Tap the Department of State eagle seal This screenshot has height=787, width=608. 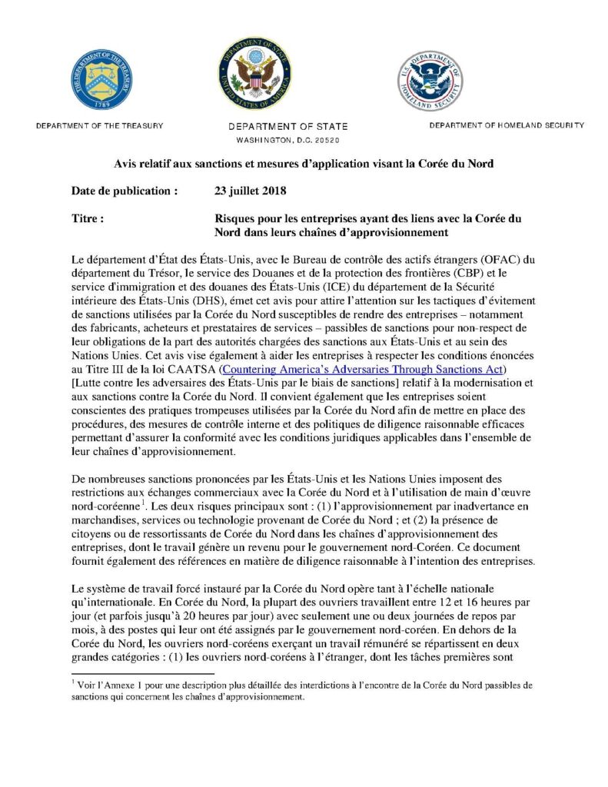[x=255, y=75]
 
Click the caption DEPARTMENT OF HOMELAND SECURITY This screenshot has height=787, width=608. [x=507, y=125]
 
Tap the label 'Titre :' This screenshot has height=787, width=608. [x=88, y=218]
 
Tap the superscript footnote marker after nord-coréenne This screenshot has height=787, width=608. [x=144, y=505]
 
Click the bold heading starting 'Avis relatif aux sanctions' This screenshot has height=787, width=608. [x=304, y=164]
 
